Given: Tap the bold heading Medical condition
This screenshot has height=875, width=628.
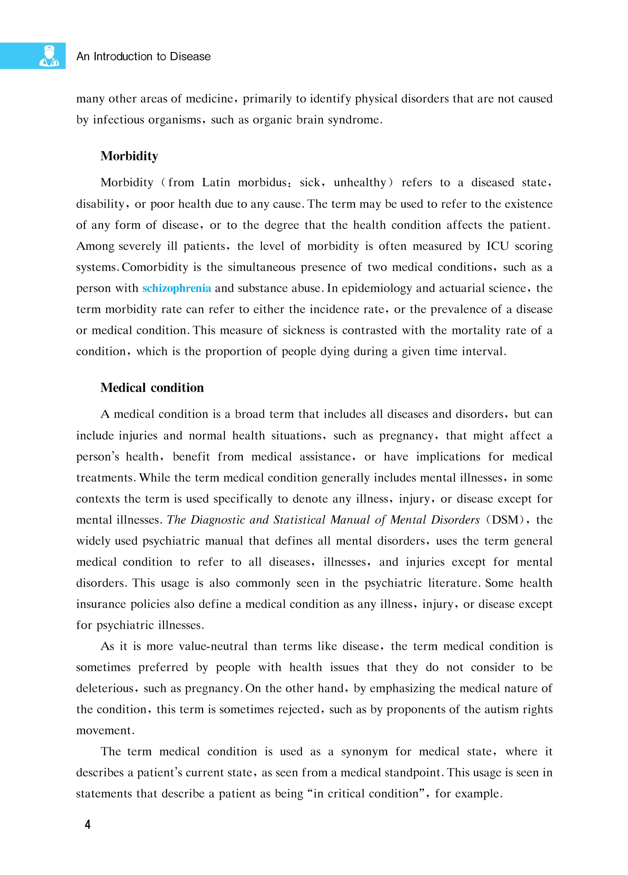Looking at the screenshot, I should [152, 388].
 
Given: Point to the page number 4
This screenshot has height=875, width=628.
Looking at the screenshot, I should [88, 825].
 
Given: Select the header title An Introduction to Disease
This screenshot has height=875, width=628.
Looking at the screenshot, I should [144, 57].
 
